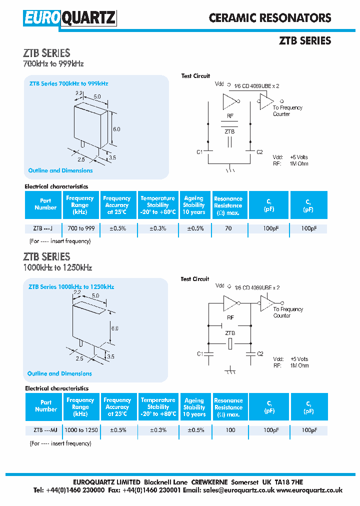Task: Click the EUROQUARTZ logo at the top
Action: click(x=69, y=18)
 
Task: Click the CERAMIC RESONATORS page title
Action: click(x=270, y=18)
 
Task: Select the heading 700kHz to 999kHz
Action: click(x=53, y=64)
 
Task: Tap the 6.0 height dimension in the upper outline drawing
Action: click(x=116, y=129)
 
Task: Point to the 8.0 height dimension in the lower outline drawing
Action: click(x=115, y=328)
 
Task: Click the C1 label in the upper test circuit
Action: click(x=199, y=151)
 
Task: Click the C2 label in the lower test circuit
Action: click(x=259, y=354)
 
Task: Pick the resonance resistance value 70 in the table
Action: click(x=228, y=228)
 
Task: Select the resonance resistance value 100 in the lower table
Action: click(x=230, y=430)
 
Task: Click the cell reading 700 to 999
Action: click(x=80, y=228)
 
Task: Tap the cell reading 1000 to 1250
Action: click(x=81, y=430)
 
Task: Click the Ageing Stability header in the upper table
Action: click(x=194, y=205)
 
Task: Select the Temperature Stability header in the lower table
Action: click(x=158, y=407)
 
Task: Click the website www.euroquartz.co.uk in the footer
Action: click(x=309, y=490)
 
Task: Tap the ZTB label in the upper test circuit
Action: click(x=229, y=131)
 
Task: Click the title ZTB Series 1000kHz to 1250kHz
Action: click(x=71, y=287)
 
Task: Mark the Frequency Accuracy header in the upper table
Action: click(x=117, y=205)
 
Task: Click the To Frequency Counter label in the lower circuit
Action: click(x=287, y=312)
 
